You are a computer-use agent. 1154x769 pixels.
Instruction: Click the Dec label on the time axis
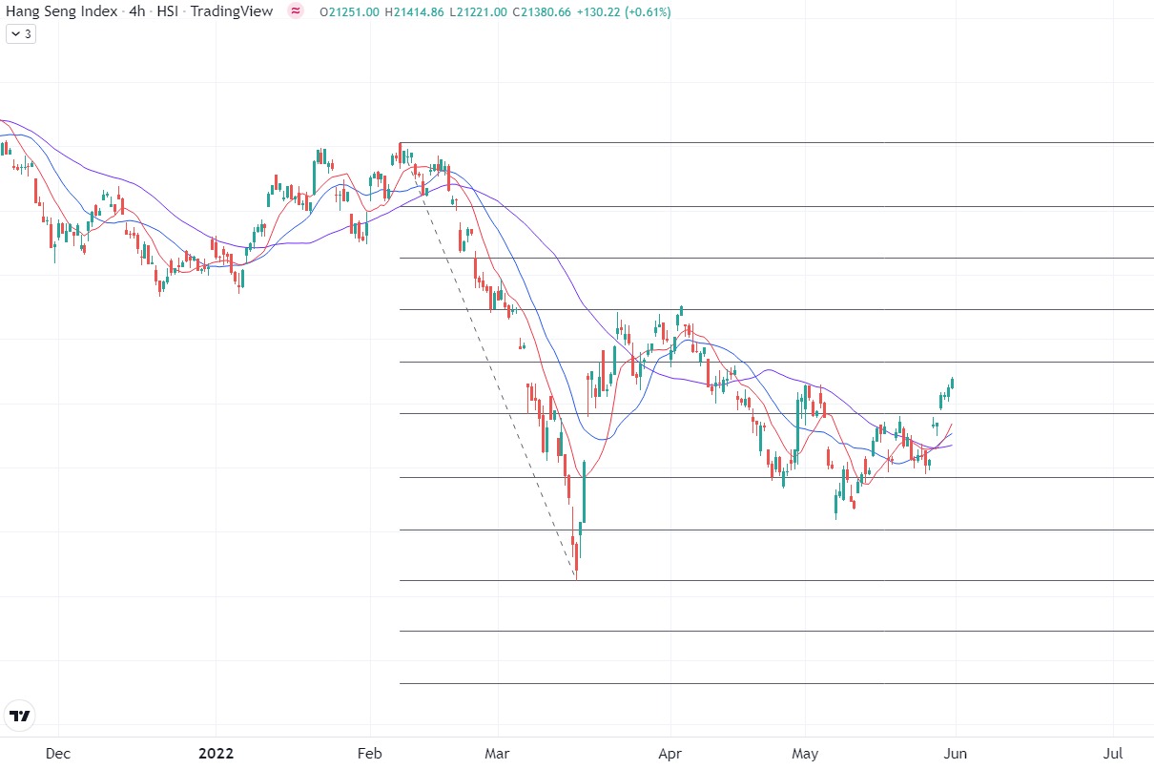tap(58, 754)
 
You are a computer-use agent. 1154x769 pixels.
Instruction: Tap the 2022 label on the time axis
tap(216, 754)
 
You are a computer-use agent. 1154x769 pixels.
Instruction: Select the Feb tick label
tap(369, 754)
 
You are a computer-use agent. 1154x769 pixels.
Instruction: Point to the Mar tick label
tap(498, 754)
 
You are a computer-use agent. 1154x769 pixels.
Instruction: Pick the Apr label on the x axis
tap(670, 754)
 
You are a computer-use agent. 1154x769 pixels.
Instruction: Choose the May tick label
tap(806, 754)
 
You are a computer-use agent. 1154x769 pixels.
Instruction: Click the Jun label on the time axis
tap(956, 754)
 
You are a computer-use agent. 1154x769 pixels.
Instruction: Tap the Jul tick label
tap(1113, 754)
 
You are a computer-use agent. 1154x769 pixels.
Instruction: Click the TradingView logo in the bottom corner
tap(19, 715)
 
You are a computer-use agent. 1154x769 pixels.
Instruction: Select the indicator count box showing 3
tap(21, 33)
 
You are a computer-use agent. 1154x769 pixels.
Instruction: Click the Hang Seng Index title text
tap(62, 11)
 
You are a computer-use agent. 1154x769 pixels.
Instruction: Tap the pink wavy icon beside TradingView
tap(296, 11)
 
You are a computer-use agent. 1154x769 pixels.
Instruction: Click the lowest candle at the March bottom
tap(576, 558)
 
